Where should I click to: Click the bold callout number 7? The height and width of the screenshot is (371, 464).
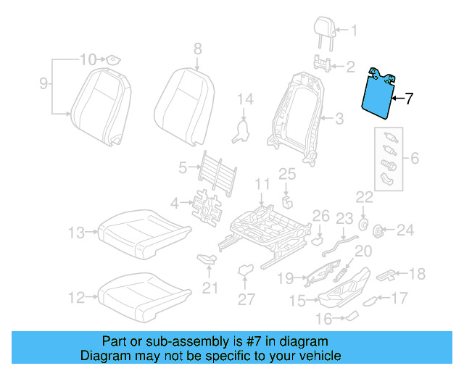point(410,99)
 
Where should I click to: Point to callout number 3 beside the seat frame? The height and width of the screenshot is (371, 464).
point(339,117)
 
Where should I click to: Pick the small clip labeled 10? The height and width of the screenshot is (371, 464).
point(114,59)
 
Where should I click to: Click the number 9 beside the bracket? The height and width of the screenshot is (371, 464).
point(43,85)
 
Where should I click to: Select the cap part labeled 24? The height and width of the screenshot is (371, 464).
point(378,231)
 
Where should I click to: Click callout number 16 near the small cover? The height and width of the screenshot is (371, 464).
point(324,319)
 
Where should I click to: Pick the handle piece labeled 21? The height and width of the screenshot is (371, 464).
point(207,259)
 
